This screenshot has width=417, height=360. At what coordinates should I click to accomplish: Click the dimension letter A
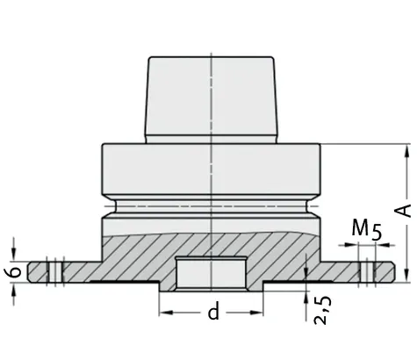pos(405,211)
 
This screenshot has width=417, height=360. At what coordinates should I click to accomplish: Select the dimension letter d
pos(212,312)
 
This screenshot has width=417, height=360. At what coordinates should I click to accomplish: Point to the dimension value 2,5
pos(322,312)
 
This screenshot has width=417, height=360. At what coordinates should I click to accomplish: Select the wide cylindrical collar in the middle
pos(211,172)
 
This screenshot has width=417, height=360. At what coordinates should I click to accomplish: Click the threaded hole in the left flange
pos(55,270)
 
